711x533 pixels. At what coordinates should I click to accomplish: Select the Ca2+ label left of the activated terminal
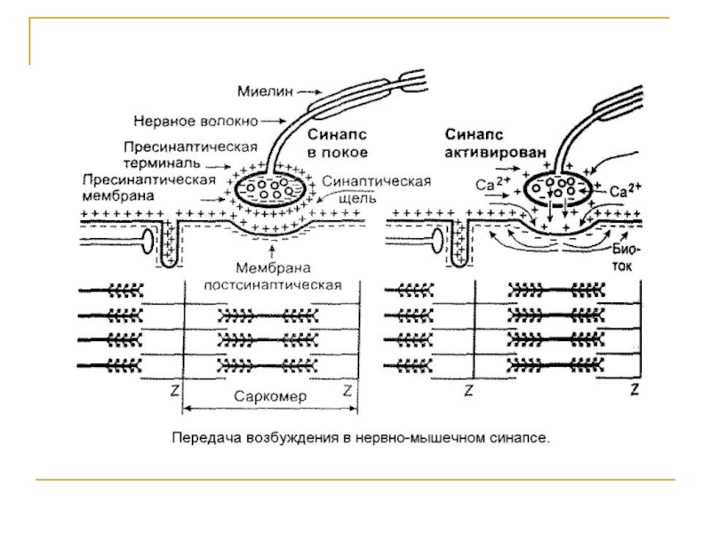pos(492,186)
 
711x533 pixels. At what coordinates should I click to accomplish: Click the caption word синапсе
pos(524,437)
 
